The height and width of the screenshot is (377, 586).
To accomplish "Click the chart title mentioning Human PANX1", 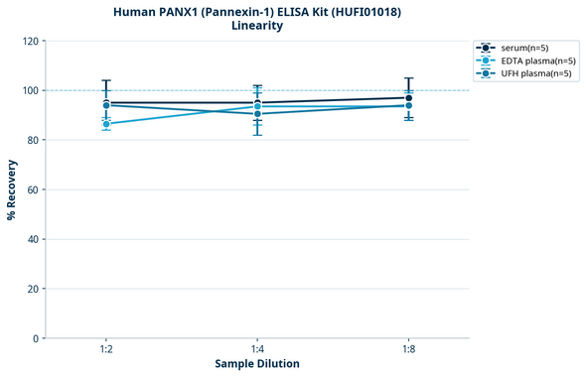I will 256,11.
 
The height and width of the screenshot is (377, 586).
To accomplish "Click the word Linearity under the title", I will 256,26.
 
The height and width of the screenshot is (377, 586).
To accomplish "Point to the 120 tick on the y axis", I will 29,41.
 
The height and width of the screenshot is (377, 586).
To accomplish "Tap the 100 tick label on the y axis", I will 29,90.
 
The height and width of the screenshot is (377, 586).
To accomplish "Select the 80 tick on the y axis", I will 32,140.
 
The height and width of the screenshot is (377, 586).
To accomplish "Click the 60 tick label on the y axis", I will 32,189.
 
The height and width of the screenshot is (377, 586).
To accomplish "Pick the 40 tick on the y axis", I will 32,239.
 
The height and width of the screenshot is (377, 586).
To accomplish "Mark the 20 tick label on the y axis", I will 32,289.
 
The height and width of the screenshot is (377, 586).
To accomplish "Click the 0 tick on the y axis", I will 35,338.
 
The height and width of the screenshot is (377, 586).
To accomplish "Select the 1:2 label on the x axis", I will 106,349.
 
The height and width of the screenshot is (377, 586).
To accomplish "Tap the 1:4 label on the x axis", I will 257,349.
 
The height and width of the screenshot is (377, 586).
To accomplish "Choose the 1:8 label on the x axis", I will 408,349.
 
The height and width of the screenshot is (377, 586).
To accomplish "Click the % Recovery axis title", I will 12,188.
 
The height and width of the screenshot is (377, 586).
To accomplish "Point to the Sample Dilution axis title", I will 257,364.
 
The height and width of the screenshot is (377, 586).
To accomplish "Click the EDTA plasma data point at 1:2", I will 106,124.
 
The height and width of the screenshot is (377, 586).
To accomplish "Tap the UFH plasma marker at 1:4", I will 257,114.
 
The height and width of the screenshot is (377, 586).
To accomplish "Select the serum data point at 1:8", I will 408,98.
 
